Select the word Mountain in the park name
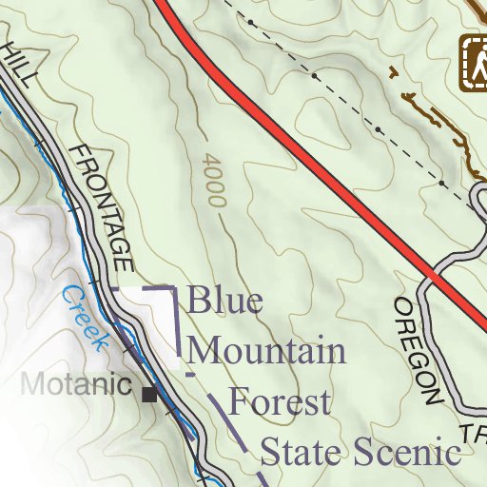point(267,351)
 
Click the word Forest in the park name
point(281,400)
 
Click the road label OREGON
point(419,352)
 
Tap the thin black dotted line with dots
point(377,128)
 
